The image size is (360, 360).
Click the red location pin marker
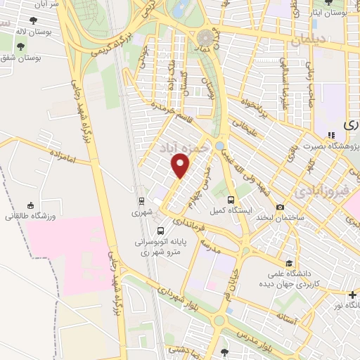(x=181, y=166)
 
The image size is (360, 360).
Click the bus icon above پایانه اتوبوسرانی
(x=161, y=230)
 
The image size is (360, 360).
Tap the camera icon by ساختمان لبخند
(x=281, y=207)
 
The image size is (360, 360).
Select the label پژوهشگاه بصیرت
(x=328, y=146)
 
